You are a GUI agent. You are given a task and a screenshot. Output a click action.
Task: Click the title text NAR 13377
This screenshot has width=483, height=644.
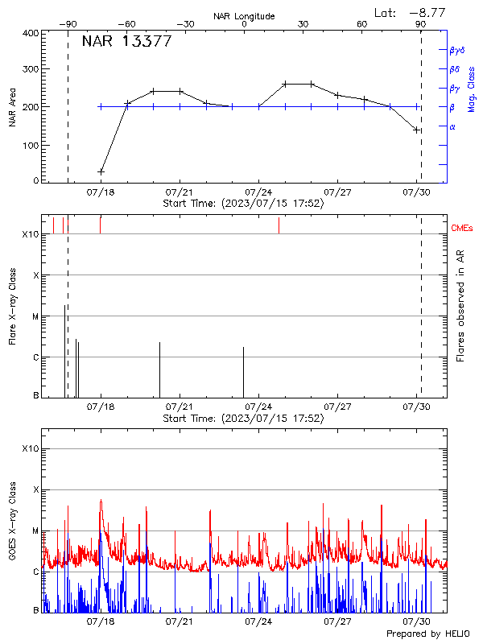tap(126, 42)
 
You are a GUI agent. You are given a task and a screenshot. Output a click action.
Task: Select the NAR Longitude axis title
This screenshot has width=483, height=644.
tap(244, 16)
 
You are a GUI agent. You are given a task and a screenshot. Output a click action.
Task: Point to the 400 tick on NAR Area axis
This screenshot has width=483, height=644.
tap(29, 33)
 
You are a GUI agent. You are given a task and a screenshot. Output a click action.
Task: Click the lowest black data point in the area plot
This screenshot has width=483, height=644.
tap(101, 171)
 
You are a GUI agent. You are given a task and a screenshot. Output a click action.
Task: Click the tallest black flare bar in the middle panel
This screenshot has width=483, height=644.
tap(64, 350)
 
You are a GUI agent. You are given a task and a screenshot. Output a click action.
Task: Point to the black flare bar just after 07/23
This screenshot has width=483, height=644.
tap(244, 371)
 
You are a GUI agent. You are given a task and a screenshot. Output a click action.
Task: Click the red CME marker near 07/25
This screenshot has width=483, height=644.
tap(279, 225)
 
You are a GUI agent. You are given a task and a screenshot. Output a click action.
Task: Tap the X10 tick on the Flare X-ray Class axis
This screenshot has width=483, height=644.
tap(30, 234)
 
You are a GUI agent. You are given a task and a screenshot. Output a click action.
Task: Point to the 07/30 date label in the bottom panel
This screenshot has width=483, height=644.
tap(416, 622)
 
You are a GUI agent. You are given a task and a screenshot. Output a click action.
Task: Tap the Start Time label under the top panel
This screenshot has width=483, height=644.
tap(243, 204)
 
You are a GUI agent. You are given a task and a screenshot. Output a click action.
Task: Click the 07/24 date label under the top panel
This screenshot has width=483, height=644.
tap(258, 193)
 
